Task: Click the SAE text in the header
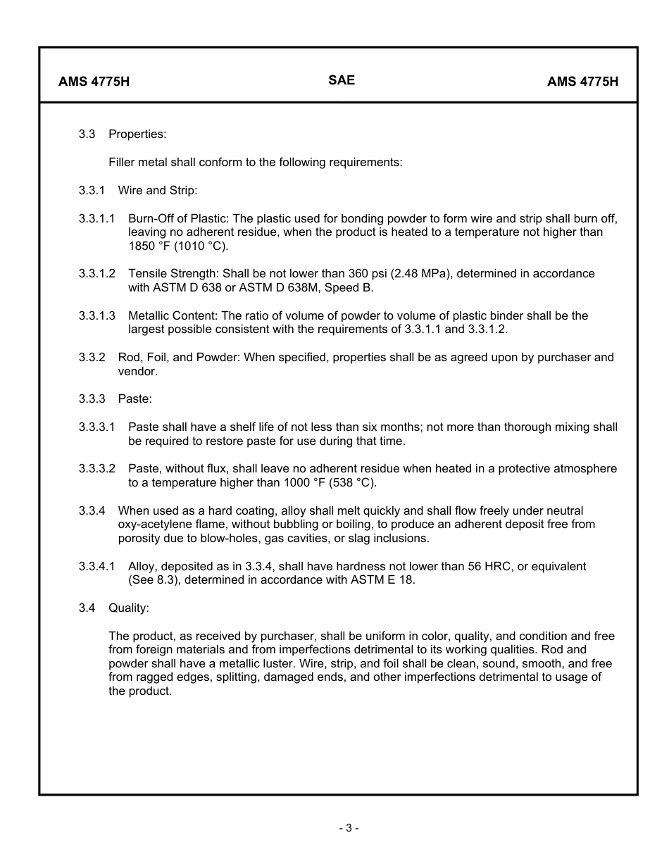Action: (342, 80)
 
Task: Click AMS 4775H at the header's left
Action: (94, 81)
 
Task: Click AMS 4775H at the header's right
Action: (582, 81)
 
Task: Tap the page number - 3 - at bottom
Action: (349, 828)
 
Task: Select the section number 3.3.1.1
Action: (97, 218)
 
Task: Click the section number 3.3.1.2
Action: (97, 273)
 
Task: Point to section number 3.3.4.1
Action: (97, 566)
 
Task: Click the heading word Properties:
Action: (137, 134)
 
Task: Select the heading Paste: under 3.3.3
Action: (135, 399)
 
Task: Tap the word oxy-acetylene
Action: (153, 525)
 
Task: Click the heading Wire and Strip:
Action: (158, 190)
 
